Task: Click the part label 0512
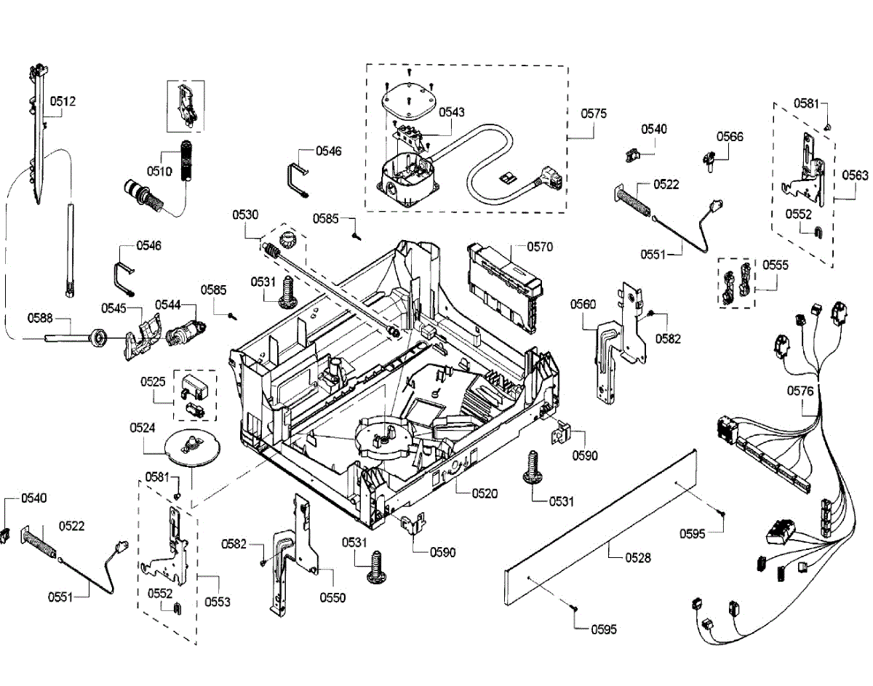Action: point(63,101)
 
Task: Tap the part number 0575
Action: point(594,113)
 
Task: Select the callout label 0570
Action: point(540,247)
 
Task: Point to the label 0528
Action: point(638,557)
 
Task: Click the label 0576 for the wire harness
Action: point(800,391)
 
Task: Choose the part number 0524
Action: point(142,428)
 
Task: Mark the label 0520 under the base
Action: point(485,493)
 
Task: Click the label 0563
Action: point(855,175)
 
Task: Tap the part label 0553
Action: point(218,602)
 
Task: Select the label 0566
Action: point(730,137)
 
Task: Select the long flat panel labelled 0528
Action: point(600,527)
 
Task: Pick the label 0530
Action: point(245,215)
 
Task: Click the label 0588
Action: point(40,318)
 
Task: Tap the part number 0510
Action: point(159,172)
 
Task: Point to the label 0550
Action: point(332,598)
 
